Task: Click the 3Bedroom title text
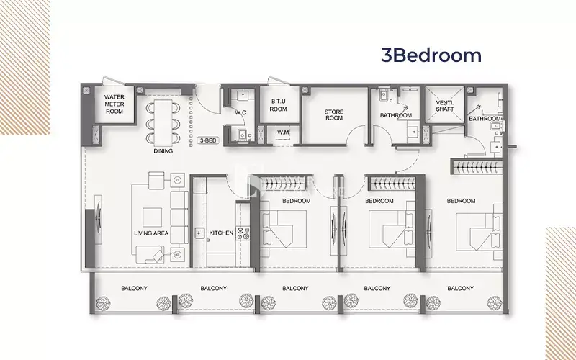pyautogui.click(x=431, y=55)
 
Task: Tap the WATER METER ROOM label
pyautogui.click(x=114, y=104)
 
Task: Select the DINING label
pyautogui.click(x=163, y=151)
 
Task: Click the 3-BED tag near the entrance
pyautogui.click(x=208, y=140)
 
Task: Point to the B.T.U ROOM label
pyautogui.click(x=279, y=105)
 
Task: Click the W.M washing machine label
pyautogui.click(x=283, y=132)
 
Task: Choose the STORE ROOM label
pyautogui.click(x=334, y=114)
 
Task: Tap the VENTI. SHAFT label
pyautogui.click(x=445, y=106)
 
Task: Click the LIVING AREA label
pyautogui.click(x=151, y=233)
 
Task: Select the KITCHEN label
pyautogui.click(x=221, y=233)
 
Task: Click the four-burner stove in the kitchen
pyautogui.click(x=243, y=233)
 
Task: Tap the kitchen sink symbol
pyautogui.click(x=199, y=233)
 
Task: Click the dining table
pyautogui.click(x=163, y=122)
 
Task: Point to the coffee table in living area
pyautogui.click(x=152, y=217)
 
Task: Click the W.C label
pyautogui.click(x=240, y=112)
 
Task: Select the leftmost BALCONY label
pyautogui.click(x=134, y=289)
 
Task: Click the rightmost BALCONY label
pyautogui.click(x=460, y=289)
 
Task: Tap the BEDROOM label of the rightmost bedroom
pyautogui.click(x=461, y=201)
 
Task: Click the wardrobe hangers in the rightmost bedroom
pyautogui.click(x=476, y=167)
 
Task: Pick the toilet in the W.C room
pyautogui.click(x=242, y=135)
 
